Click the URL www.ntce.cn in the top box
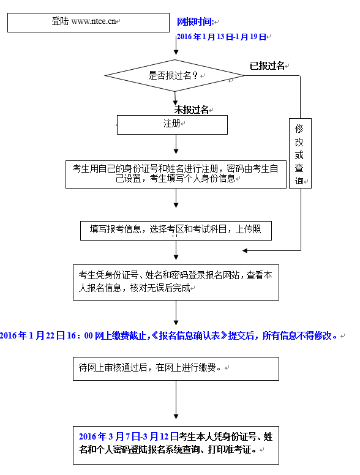[94, 21]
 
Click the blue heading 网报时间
[195, 22]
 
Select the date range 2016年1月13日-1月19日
[222, 37]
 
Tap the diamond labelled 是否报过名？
[174, 75]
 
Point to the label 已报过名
[267, 65]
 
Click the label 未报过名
[192, 110]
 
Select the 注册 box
[172, 124]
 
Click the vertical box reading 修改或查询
[300, 153]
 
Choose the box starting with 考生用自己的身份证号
[176, 174]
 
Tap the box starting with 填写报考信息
[176, 231]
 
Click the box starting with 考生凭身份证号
[176, 282]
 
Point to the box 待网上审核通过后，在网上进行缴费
[176, 368]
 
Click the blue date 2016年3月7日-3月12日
[129, 436]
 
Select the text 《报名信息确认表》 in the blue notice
[189, 335]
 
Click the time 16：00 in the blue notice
[80, 335]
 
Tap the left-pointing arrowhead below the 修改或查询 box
[245, 250]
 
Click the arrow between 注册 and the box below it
[176, 144]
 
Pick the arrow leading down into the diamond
[176, 45]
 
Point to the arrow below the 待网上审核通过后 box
[176, 400]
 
